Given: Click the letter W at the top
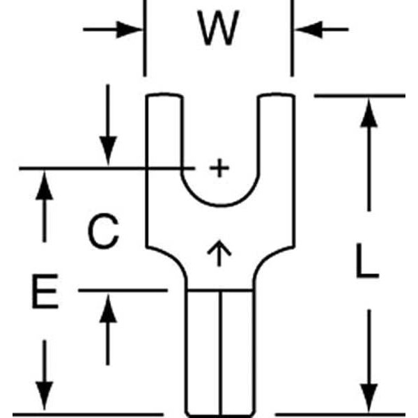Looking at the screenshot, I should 217,29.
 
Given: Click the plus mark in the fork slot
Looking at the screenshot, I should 219,168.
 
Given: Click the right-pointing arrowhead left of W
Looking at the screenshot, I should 130,29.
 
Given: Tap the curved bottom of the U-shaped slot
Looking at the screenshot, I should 219,206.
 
